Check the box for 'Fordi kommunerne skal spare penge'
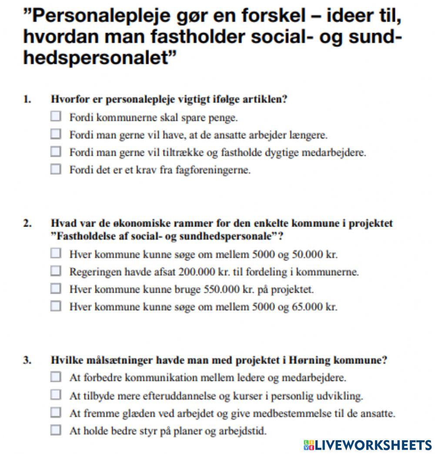tap(56, 117)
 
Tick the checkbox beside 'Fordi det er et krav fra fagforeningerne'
tap(56, 169)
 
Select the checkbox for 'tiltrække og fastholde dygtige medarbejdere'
tap(56, 152)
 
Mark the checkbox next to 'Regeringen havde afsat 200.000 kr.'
tap(56, 271)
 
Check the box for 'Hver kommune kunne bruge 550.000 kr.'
tap(56, 289)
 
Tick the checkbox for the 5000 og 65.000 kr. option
tap(56, 306)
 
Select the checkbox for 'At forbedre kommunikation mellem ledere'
tap(56, 377)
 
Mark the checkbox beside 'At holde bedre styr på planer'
tap(56, 431)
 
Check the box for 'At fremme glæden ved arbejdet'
tap(56, 413)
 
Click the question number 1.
tap(27, 99)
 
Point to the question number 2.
tap(27, 223)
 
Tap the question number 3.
tap(27, 360)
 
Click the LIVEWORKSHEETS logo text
tap(372, 444)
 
